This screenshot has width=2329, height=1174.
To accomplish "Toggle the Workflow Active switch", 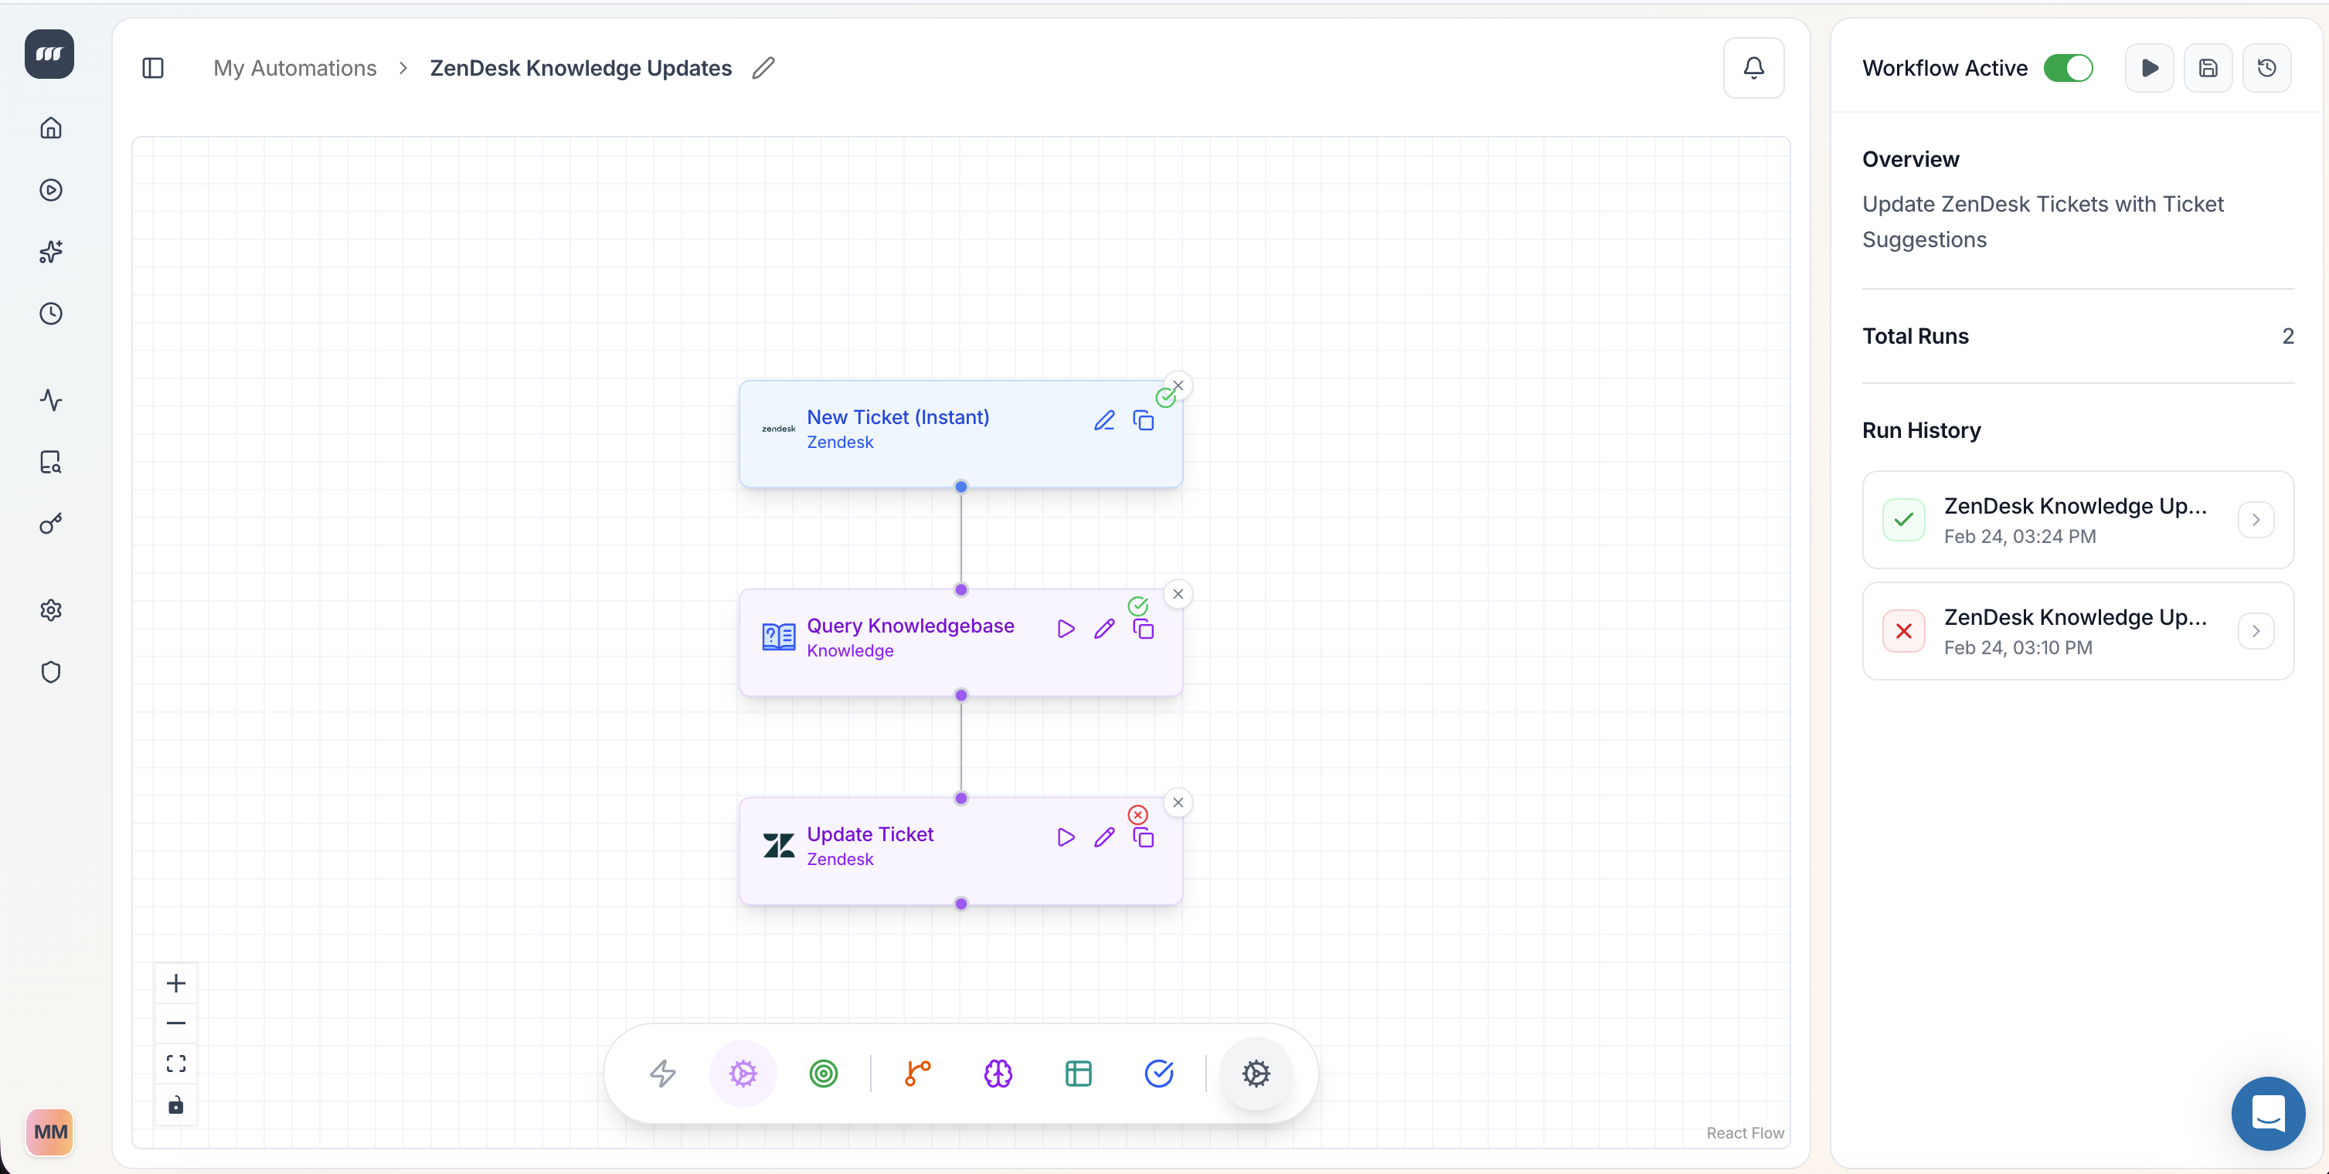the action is coord(2068,68).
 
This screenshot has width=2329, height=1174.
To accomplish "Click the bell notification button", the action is coord(1753,68).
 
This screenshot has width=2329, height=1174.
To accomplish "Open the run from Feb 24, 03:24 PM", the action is coord(2078,520).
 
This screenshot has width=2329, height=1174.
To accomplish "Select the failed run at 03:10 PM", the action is coord(2078,631).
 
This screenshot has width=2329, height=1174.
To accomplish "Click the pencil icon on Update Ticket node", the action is coord(1104,837).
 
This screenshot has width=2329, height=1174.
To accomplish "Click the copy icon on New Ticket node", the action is coord(1143,420).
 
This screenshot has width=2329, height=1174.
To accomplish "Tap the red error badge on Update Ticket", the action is coord(1137,814).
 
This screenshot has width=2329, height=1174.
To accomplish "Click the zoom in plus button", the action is coord(176,982).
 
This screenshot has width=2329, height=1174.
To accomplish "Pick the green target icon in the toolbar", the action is coord(823,1073).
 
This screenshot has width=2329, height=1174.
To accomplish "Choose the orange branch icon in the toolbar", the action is coord(918,1073).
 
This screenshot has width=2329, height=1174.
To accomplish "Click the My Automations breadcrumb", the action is coord(294,68).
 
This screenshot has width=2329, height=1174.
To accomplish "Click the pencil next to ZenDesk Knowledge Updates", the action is coord(763,68).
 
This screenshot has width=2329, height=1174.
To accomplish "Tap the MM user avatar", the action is coord(49,1132).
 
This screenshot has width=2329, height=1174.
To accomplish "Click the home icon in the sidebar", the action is coord(51,127).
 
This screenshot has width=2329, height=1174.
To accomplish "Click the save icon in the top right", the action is coord(2208,68).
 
